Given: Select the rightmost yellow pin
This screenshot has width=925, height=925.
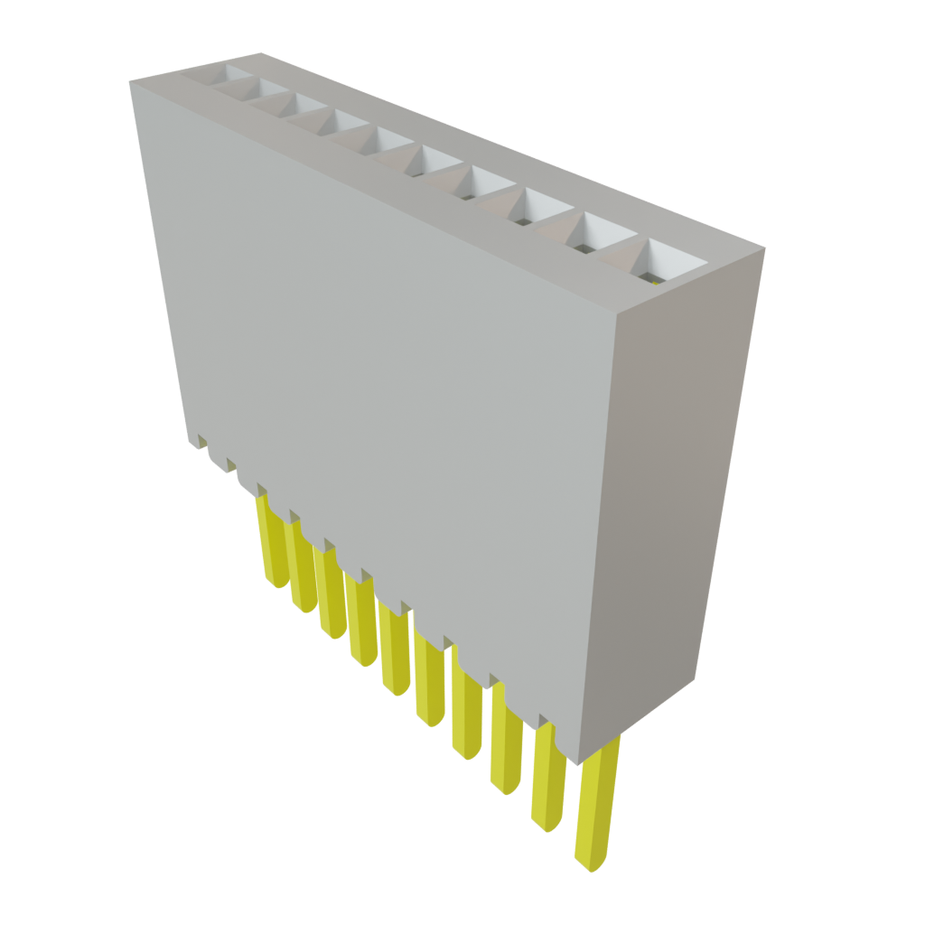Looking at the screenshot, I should pyautogui.click(x=596, y=804).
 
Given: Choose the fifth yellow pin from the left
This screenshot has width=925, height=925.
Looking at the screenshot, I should pyautogui.click(x=395, y=650).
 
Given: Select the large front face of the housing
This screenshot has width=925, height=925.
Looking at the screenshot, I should pyautogui.click(x=388, y=379).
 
